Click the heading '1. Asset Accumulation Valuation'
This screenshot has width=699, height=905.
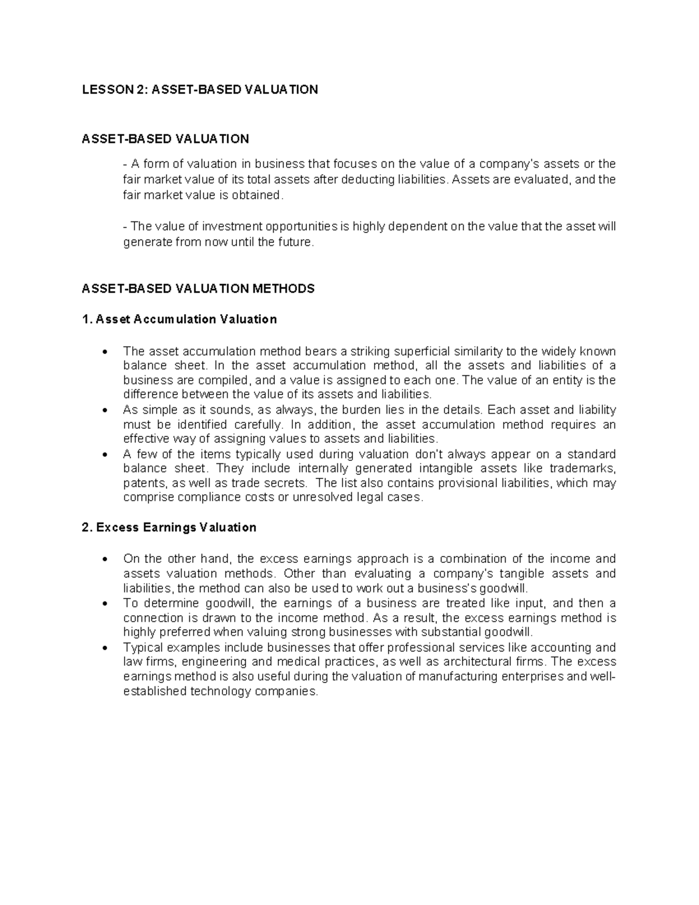pos(179,319)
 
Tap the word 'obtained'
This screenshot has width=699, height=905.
pos(259,195)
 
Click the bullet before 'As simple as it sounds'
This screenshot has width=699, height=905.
pos(105,410)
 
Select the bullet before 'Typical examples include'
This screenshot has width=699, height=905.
pos(105,648)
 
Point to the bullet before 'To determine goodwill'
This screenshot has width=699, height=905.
pos(105,604)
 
